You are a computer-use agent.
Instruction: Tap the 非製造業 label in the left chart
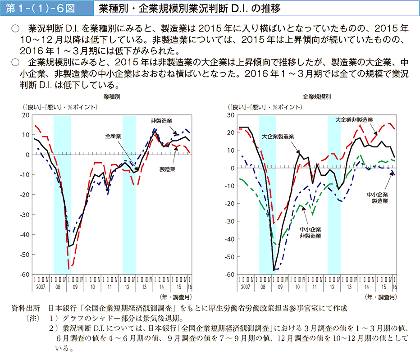[162, 121]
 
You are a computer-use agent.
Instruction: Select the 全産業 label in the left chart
[113, 136]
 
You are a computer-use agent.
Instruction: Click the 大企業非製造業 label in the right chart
[354, 121]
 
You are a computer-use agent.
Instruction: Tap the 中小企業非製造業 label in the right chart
[311, 232]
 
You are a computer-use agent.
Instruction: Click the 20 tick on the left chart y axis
[26, 115]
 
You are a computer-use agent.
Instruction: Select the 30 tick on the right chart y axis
[231, 115]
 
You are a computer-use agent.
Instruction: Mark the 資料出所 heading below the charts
[26, 308]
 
